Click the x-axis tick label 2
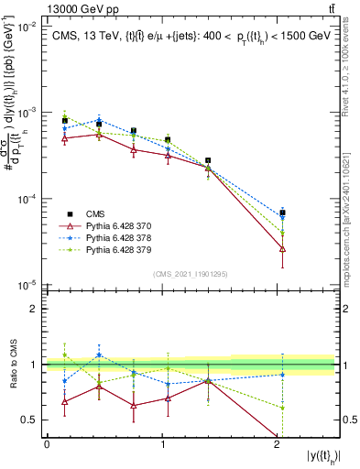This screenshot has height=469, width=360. [x=278, y=443]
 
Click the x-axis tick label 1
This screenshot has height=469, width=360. [x=162, y=443]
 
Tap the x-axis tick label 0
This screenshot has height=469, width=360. [x=47, y=443]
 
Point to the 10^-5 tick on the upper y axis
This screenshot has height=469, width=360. [x=30, y=283]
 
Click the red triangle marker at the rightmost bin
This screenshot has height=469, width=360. [x=282, y=248]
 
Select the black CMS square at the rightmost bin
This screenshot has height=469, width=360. [x=282, y=213]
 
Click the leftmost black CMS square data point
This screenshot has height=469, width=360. [x=64, y=121]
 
